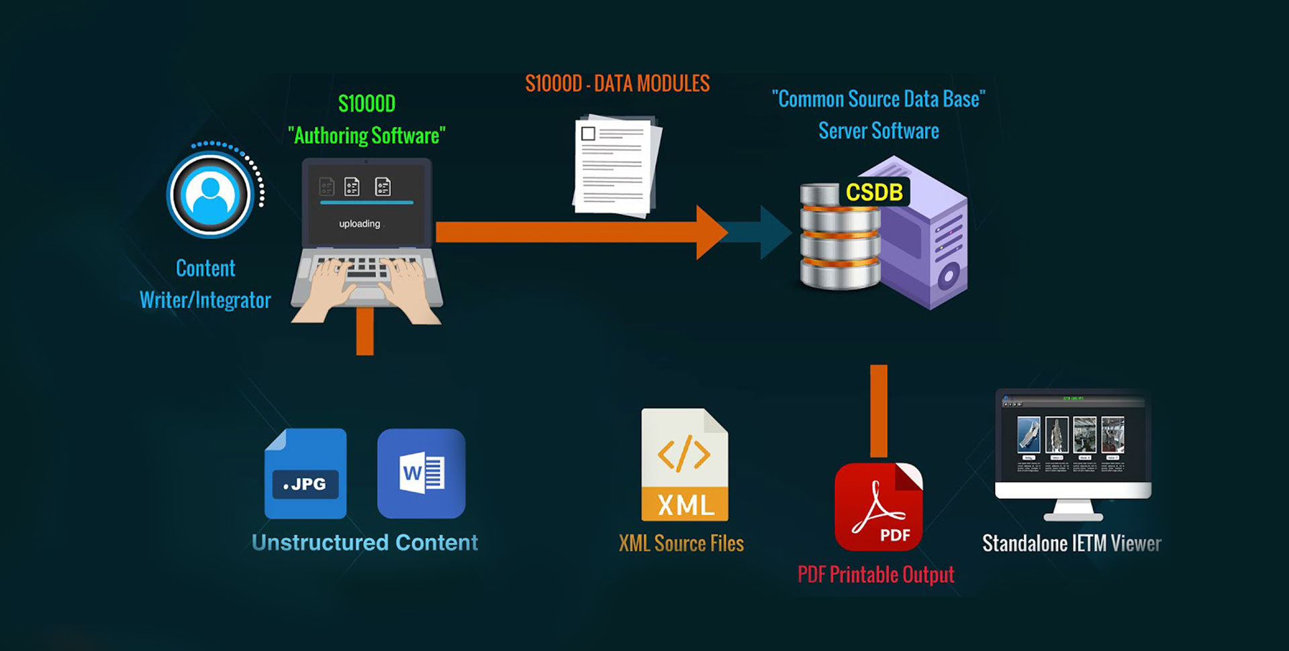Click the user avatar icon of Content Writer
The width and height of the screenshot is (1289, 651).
[x=210, y=195]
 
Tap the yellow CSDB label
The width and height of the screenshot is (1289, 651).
[x=873, y=193]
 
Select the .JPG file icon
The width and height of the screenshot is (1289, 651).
[x=305, y=474]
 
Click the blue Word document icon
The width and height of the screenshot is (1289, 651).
[x=421, y=474]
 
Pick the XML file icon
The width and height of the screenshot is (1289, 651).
[x=684, y=465]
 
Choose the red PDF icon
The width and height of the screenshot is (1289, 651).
[x=878, y=507]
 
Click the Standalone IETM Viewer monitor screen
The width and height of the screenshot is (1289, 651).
[x=1073, y=440]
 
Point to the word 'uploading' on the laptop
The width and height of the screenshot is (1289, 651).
[x=359, y=223]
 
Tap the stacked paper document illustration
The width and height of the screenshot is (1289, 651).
[x=616, y=166]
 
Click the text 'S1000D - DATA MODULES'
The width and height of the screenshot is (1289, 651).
[x=617, y=84]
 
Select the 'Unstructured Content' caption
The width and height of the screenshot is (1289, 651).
[x=365, y=542]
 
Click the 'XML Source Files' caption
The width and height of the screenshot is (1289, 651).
[x=681, y=543]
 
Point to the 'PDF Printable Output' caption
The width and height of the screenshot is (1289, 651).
[x=875, y=574]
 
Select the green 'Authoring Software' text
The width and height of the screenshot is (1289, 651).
[x=367, y=136]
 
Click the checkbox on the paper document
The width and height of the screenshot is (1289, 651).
[x=588, y=134]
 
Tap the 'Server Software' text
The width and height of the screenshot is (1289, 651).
[x=878, y=131]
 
